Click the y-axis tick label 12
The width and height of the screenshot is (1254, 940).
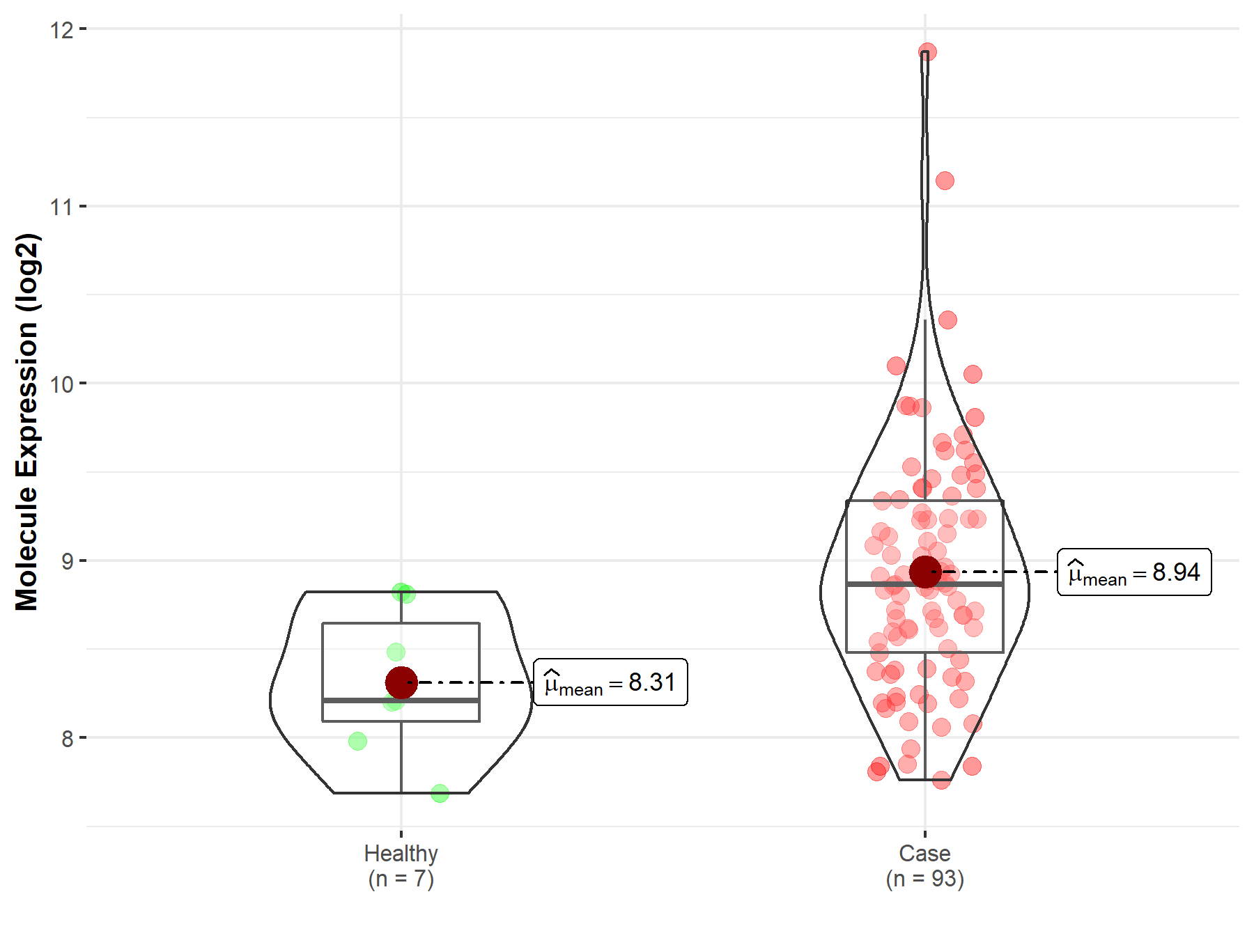[61, 30]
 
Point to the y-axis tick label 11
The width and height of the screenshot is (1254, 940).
[61, 207]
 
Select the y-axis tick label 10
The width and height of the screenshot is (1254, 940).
[61, 384]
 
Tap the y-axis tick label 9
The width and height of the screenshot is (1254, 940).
[67, 561]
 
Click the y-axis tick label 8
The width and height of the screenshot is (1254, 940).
[67, 738]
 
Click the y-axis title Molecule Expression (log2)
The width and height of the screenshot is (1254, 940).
[26, 422]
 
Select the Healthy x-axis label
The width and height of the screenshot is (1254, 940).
[401, 853]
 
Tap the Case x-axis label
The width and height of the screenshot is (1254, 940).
[924, 853]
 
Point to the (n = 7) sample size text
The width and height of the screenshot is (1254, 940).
[401, 879]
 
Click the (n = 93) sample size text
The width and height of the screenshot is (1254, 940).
[924, 879]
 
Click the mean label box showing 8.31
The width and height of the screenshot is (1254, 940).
[610, 682]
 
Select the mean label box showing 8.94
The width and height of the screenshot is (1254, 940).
[1134, 572]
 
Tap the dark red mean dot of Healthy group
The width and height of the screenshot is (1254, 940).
[401, 682]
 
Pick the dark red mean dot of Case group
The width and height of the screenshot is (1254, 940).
[925, 572]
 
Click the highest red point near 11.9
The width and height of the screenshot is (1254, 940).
[927, 52]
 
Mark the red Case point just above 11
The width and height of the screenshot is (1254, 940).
[945, 181]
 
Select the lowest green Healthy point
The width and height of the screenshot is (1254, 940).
[440, 793]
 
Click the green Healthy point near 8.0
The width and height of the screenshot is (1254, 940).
[357, 741]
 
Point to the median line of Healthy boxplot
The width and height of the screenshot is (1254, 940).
[401, 700]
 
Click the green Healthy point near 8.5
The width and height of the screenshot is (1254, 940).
[396, 652]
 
